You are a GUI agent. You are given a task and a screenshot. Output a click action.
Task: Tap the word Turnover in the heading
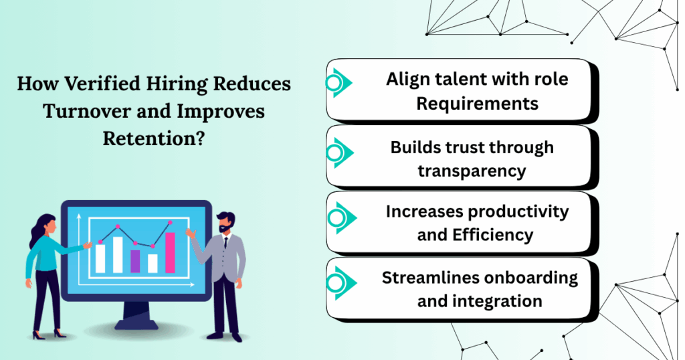coord(88,111)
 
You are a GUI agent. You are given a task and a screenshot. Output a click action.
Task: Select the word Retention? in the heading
coord(154,139)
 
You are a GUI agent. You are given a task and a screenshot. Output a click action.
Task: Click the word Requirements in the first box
coord(477,104)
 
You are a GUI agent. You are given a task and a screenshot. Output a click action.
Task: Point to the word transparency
coord(472,171)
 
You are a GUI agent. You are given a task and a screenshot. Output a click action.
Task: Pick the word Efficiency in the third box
coord(493,235)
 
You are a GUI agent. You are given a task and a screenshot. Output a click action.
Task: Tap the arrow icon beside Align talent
coord(339,82)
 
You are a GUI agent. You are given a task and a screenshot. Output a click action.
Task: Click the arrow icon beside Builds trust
coord(340,153)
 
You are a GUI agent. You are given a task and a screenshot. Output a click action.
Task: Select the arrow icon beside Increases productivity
coord(342,217)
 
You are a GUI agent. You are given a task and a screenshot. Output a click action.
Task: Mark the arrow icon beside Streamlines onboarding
coord(342,283)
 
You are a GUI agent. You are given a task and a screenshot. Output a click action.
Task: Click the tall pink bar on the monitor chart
coord(170,252)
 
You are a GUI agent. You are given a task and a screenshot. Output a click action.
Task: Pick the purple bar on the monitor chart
coord(135,261)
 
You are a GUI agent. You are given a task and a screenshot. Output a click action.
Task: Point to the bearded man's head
coord(226,222)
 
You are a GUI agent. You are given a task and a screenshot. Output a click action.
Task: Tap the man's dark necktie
coord(225,243)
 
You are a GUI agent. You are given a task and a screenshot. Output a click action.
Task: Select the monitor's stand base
coord(136,324)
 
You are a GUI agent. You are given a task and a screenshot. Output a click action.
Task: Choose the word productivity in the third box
coord(518,212)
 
